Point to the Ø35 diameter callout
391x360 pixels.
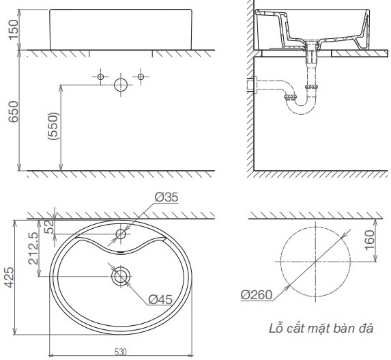166,197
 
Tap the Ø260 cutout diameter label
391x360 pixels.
257,295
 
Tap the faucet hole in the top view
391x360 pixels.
121,234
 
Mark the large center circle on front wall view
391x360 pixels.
121,85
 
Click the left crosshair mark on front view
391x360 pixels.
101,77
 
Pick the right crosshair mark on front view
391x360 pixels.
141,77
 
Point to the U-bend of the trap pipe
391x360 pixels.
298,107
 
